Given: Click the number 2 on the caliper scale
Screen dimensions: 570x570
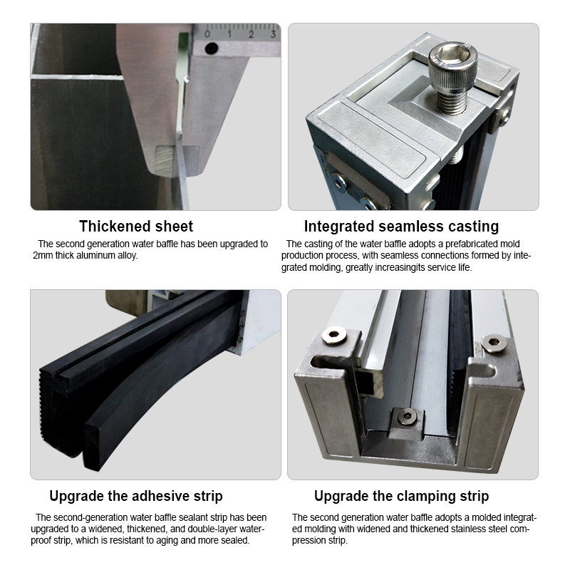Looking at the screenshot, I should pyautogui.click(x=251, y=33).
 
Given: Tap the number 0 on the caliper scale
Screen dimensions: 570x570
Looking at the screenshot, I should pyautogui.click(x=207, y=33).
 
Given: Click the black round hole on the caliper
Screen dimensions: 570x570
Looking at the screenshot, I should pyautogui.click(x=211, y=49).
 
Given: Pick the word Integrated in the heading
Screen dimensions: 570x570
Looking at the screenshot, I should pyautogui.click(x=339, y=227).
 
